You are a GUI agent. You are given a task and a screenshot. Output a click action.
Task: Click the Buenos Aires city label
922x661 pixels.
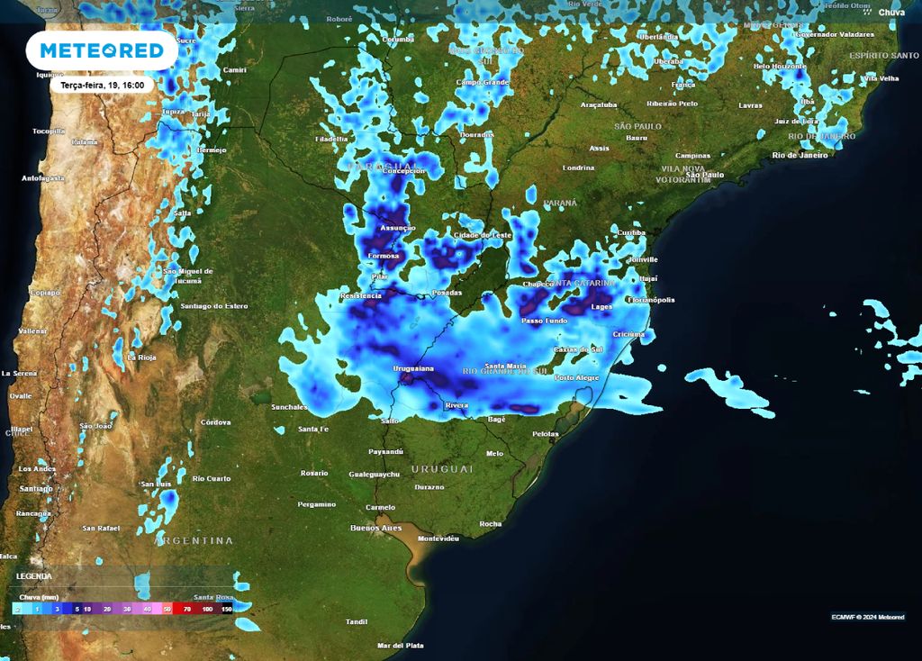click(x=376, y=528)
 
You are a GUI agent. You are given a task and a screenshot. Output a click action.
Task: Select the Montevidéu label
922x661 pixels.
click(x=439, y=539)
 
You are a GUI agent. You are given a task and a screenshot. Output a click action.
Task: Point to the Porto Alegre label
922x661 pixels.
click(x=577, y=377)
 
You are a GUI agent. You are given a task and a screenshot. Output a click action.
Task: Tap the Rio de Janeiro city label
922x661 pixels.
click(x=800, y=155)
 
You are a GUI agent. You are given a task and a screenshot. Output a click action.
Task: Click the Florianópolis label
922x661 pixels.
click(x=651, y=300)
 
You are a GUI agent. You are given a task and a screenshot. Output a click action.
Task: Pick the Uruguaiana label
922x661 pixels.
click(x=413, y=369)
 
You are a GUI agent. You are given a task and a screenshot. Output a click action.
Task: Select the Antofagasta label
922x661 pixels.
click(x=43, y=178)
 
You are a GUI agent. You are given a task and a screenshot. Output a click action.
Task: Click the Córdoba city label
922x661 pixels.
click(x=216, y=421)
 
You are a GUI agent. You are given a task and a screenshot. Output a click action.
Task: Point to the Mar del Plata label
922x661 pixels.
click(x=402, y=646)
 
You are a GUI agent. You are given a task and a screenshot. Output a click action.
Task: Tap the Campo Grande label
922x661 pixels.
click(x=483, y=82)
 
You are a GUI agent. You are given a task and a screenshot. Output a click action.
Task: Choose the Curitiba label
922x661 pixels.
click(x=632, y=232)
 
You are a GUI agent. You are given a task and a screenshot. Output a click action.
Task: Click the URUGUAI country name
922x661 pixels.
click(x=442, y=469)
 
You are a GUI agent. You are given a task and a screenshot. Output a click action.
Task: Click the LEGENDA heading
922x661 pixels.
click(x=34, y=576)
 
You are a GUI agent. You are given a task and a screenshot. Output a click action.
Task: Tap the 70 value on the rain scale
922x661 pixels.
click(x=186, y=610)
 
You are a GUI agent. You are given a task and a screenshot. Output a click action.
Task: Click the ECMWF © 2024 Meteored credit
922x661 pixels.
click(x=868, y=617)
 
